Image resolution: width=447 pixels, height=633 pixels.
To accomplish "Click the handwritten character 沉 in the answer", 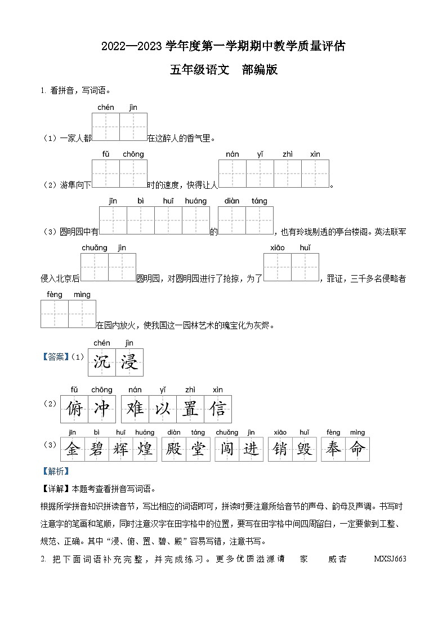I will [x=102, y=362].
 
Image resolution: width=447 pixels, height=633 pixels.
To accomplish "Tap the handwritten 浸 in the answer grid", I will [x=129, y=362].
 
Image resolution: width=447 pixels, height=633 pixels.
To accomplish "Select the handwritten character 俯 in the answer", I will [x=74, y=409].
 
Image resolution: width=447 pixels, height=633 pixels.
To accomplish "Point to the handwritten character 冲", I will [x=102, y=409].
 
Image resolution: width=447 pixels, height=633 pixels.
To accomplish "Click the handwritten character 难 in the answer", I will [x=135, y=409].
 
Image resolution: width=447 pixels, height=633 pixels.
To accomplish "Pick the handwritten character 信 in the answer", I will [x=218, y=409].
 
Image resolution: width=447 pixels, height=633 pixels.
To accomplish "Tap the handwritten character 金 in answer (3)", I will [x=72, y=449].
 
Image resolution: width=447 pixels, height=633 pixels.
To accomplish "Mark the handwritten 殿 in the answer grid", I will [x=174, y=449].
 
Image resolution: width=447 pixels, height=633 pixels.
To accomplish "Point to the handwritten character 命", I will [x=357, y=449].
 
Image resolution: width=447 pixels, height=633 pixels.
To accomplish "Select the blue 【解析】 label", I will [x=55, y=472].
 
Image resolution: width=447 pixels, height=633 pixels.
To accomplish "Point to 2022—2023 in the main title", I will [x=133, y=47].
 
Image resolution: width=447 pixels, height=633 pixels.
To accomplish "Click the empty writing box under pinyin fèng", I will [x=55, y=314].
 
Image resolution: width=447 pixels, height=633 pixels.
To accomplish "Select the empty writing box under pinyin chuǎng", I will [x=95, y=267].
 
